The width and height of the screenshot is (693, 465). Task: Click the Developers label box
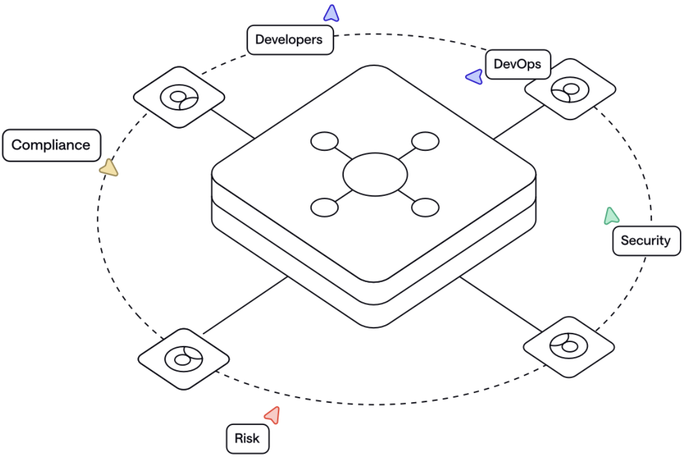289,40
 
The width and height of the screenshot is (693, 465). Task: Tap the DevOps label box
517,65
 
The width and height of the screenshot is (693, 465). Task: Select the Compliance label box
51,145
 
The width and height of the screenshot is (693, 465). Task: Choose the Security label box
646,240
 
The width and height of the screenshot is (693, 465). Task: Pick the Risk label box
247,439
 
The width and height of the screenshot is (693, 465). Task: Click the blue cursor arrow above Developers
331,13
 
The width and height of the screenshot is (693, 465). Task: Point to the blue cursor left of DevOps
475,77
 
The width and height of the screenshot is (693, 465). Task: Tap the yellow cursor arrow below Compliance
108,168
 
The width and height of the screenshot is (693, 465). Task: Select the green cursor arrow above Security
611,215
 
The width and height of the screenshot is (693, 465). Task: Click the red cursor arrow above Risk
273,415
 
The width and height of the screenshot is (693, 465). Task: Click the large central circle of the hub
375,174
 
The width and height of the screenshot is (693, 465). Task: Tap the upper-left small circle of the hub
324,141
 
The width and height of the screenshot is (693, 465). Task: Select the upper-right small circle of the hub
425,141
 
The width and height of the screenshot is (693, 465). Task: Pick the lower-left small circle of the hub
324,207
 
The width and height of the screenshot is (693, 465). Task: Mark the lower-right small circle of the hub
425,207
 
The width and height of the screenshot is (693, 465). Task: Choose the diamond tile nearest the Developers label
179,97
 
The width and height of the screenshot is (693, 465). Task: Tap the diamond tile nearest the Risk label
183,359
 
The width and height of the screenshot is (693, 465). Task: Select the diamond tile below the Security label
569,346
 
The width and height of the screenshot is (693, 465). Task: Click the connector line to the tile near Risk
245,306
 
